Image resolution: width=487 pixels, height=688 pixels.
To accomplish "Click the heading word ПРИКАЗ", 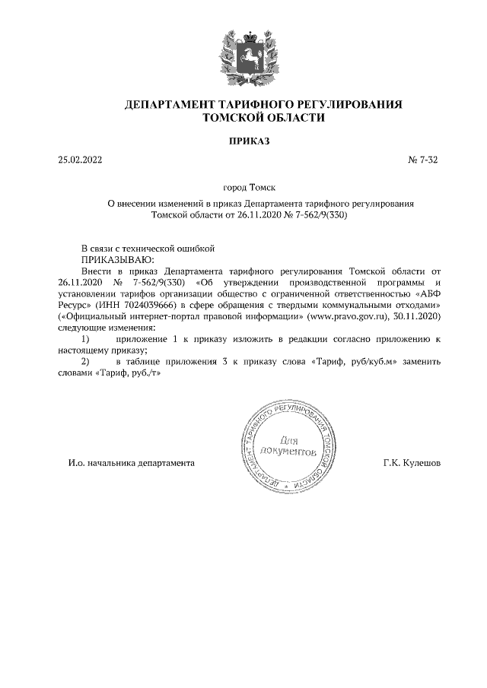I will click(243, 141).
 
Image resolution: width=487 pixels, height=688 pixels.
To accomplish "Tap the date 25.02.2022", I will click(79, 160).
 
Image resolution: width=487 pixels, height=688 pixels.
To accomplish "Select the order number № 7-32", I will click(424, 160).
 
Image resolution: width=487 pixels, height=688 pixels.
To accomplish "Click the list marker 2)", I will click(86, 362).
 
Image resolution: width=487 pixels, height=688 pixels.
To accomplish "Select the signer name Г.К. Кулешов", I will click(412, 462).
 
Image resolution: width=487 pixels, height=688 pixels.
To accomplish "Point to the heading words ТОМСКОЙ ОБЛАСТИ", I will click(263, 119).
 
